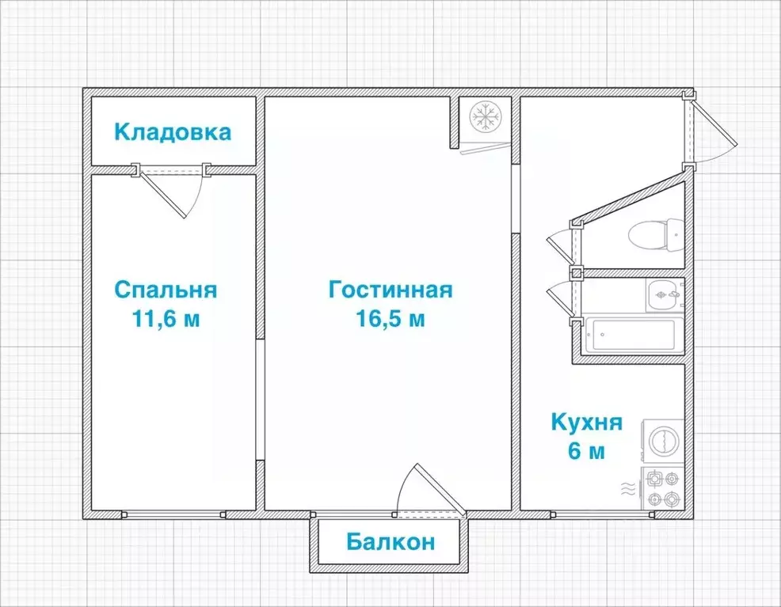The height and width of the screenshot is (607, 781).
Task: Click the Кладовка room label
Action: (x=173, y=131)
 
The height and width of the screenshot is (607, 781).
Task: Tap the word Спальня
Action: (x=166, y=290)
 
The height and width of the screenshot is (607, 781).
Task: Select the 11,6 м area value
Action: (x=166, y=319)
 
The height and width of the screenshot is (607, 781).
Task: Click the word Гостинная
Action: (x=390, y=290)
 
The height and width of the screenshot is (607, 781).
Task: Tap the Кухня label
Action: (x=587, y=422)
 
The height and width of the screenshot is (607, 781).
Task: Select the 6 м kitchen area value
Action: (x=587, y=452)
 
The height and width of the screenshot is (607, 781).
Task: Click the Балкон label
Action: (x=390, y=542)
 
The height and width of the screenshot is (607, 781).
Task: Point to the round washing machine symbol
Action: (x=662, y=440)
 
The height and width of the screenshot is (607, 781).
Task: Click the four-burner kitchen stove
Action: (x=662, y=488)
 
